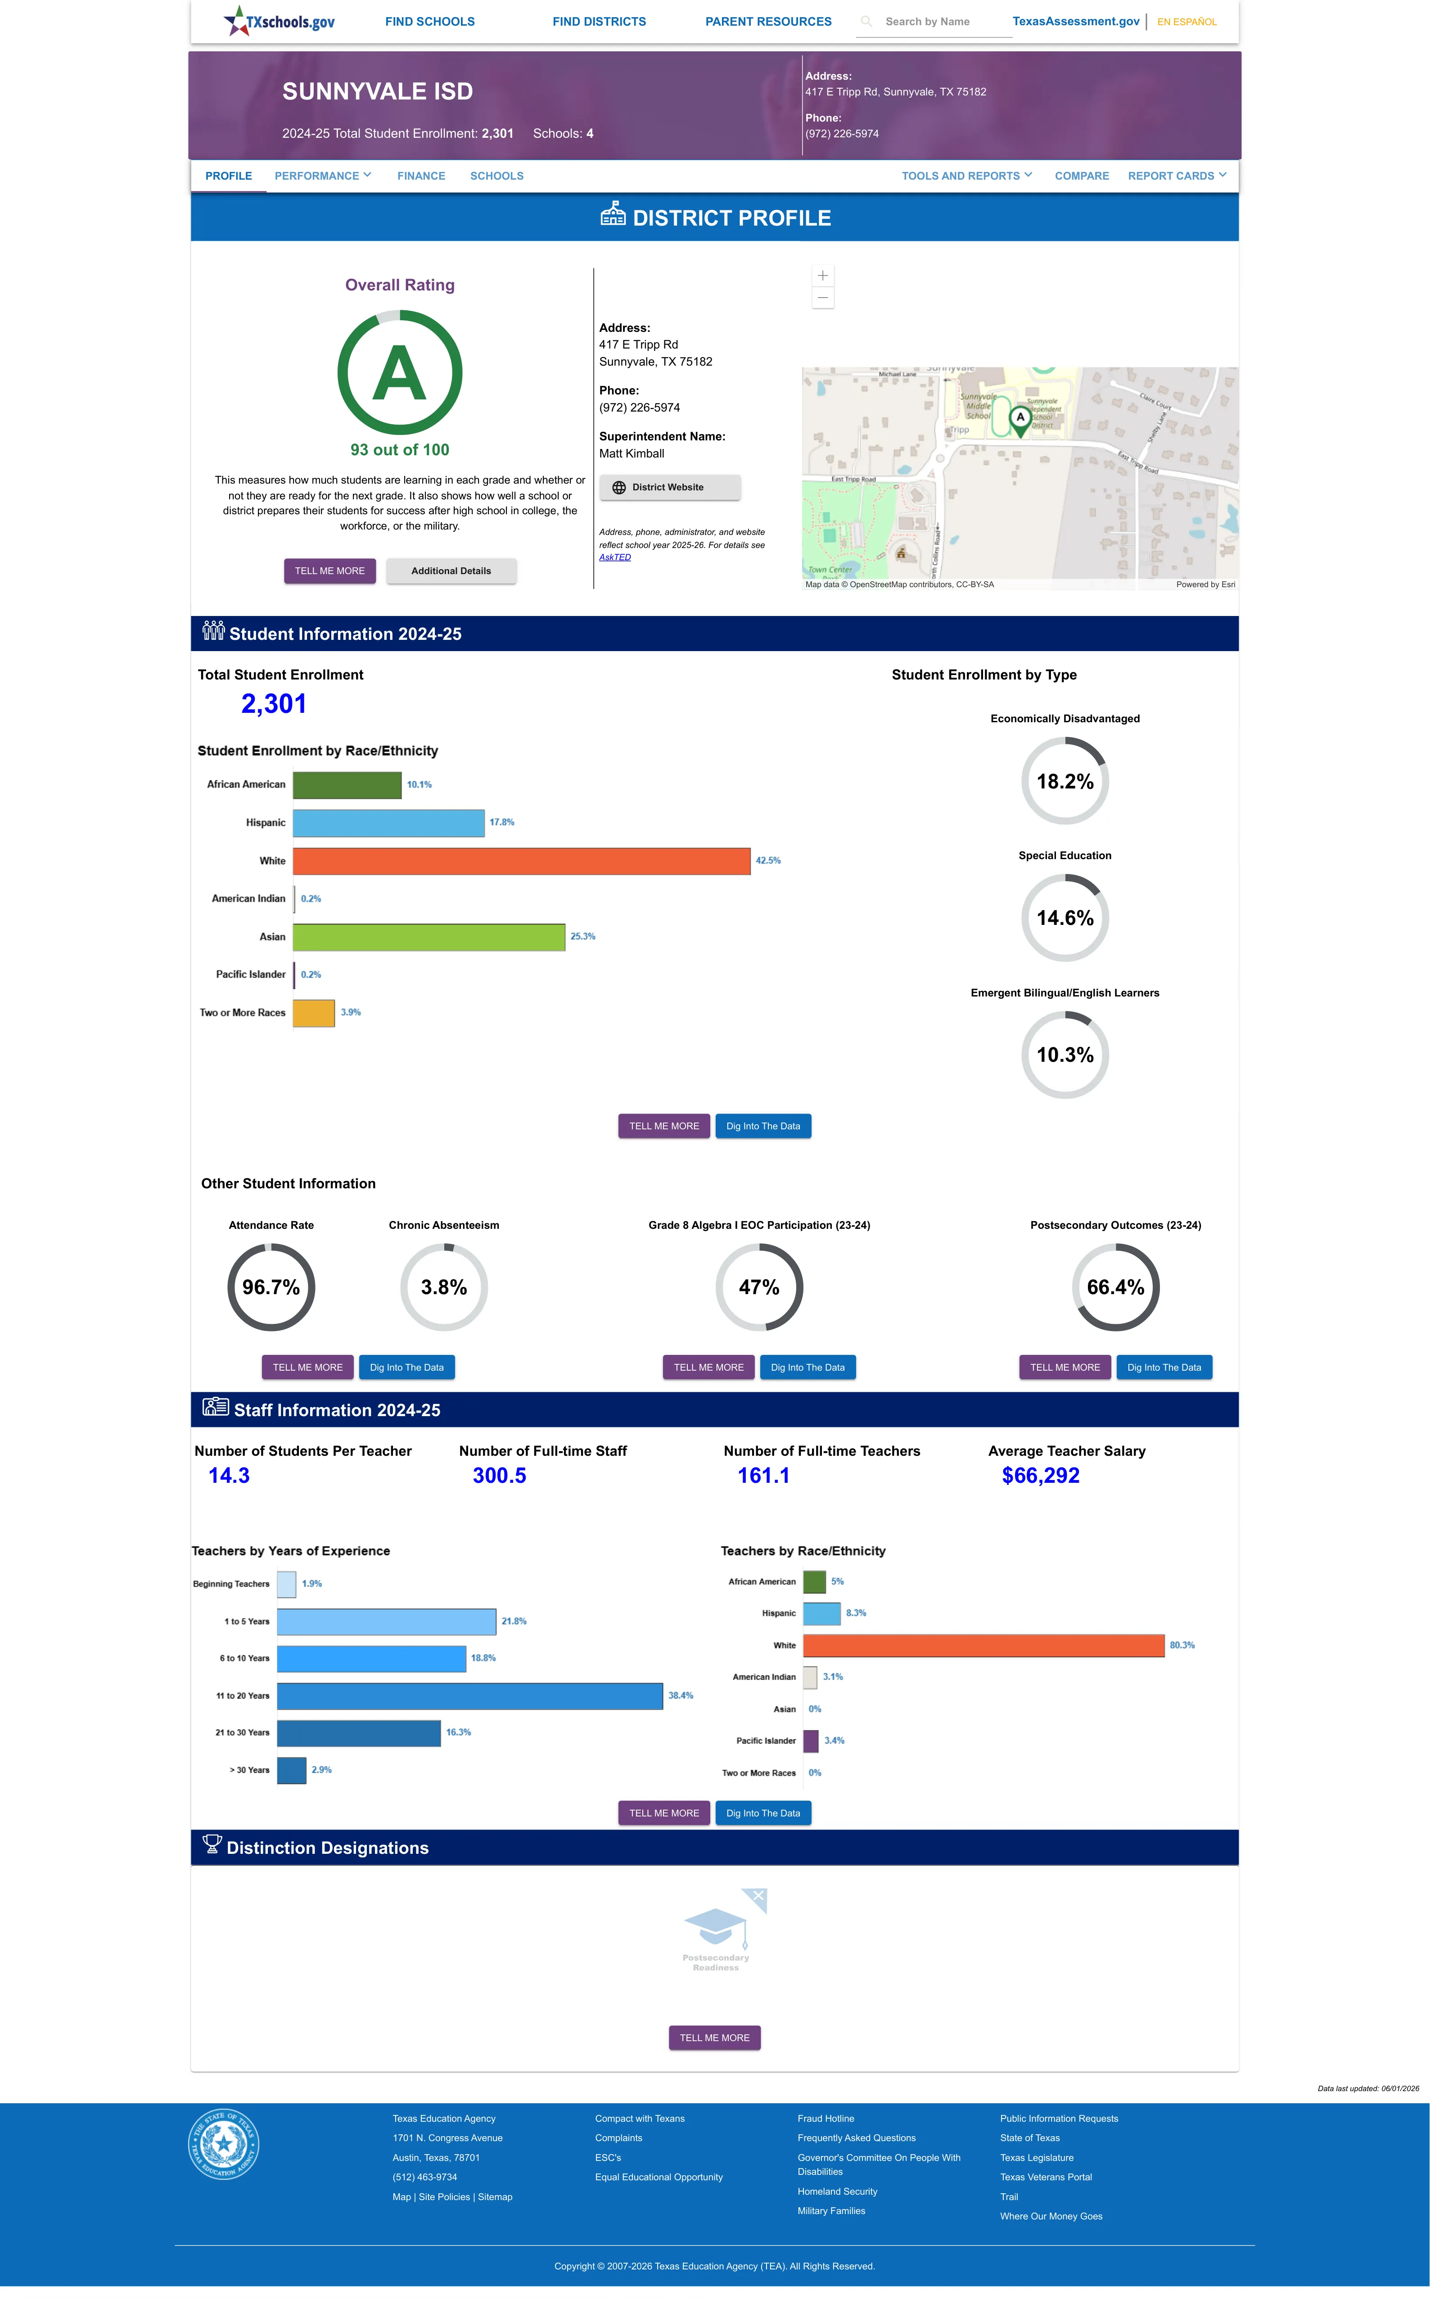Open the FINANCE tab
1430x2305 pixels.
click(421, 176)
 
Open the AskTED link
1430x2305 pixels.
click(615, 557)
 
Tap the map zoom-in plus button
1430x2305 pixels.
click(823, 275)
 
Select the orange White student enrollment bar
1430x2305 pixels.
click(521, 860)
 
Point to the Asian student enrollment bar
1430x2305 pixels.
click(429, 937)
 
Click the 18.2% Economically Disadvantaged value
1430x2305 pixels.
click(1065, 781)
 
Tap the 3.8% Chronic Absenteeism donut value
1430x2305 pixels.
click(443, 1287)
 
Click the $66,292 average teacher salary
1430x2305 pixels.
click(1040, 1476)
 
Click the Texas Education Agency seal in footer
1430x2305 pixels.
click(223, 2143)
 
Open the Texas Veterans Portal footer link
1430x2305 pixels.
click(1046, 2177)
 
